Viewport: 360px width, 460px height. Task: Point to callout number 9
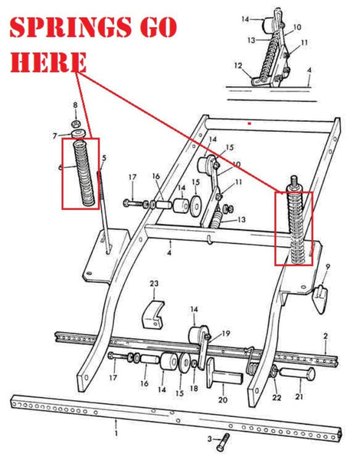[x=327, y=267]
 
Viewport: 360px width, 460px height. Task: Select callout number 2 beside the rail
[x=326, y=336]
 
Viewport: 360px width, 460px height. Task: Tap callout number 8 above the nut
[x=74, y=105]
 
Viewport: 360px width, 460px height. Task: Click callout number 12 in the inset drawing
[x=238, y=66]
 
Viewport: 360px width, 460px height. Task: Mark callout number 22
[x=277, y=397]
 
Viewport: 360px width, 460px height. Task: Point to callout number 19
[x=226, y=332]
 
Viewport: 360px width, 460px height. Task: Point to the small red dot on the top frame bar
[x=249, y=122]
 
